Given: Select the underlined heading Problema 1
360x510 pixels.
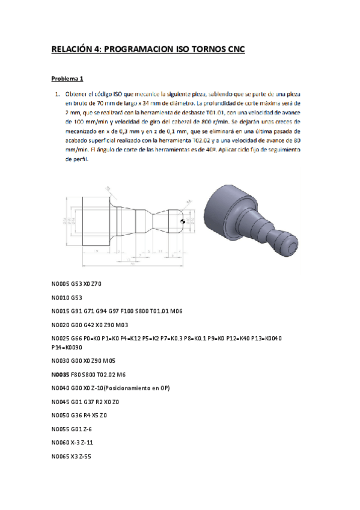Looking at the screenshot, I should [x=67, y=79].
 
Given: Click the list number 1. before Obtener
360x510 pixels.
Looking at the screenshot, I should [x=56, y=94].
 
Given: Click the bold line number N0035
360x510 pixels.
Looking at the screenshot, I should [x=61, y=373].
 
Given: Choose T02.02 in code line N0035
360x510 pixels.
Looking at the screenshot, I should [x=123, y=373].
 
